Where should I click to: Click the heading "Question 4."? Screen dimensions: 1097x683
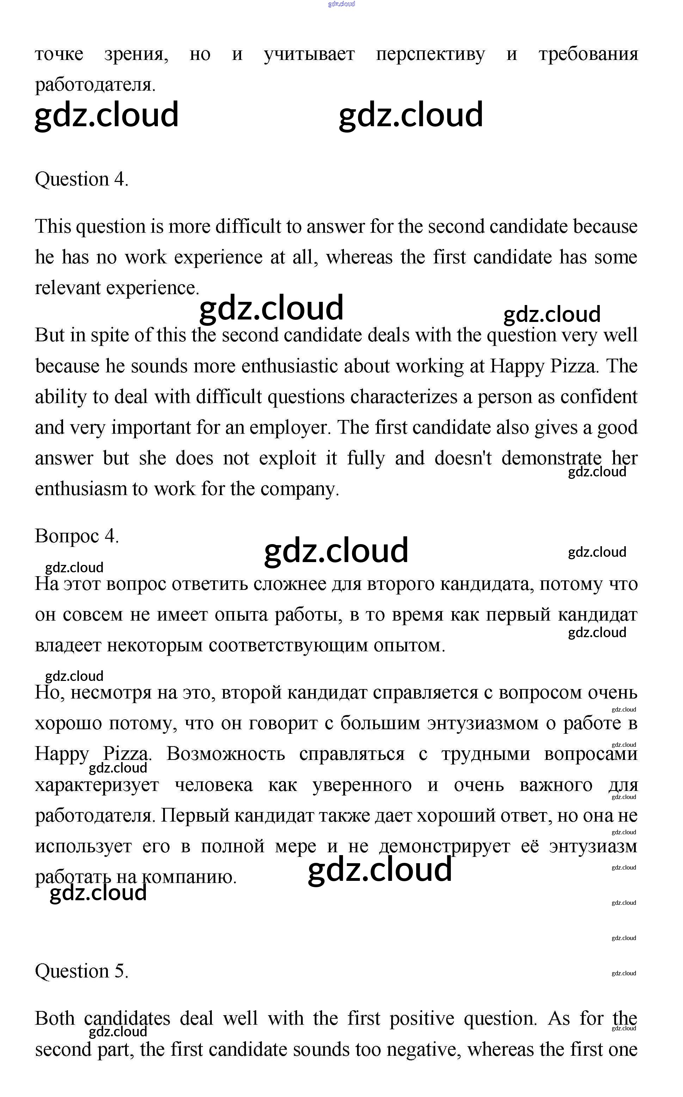(82, 179)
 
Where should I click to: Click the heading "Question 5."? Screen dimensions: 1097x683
(82, 971)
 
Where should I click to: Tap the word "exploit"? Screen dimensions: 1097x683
(287, 458)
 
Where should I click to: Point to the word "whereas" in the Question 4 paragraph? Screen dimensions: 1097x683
(359, 257)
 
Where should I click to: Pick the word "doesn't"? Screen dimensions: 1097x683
(463, 458)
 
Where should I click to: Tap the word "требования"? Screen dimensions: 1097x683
(588, 54)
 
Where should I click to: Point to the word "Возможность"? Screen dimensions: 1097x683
(226, 754)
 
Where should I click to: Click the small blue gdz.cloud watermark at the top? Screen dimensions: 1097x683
(341, 4)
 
